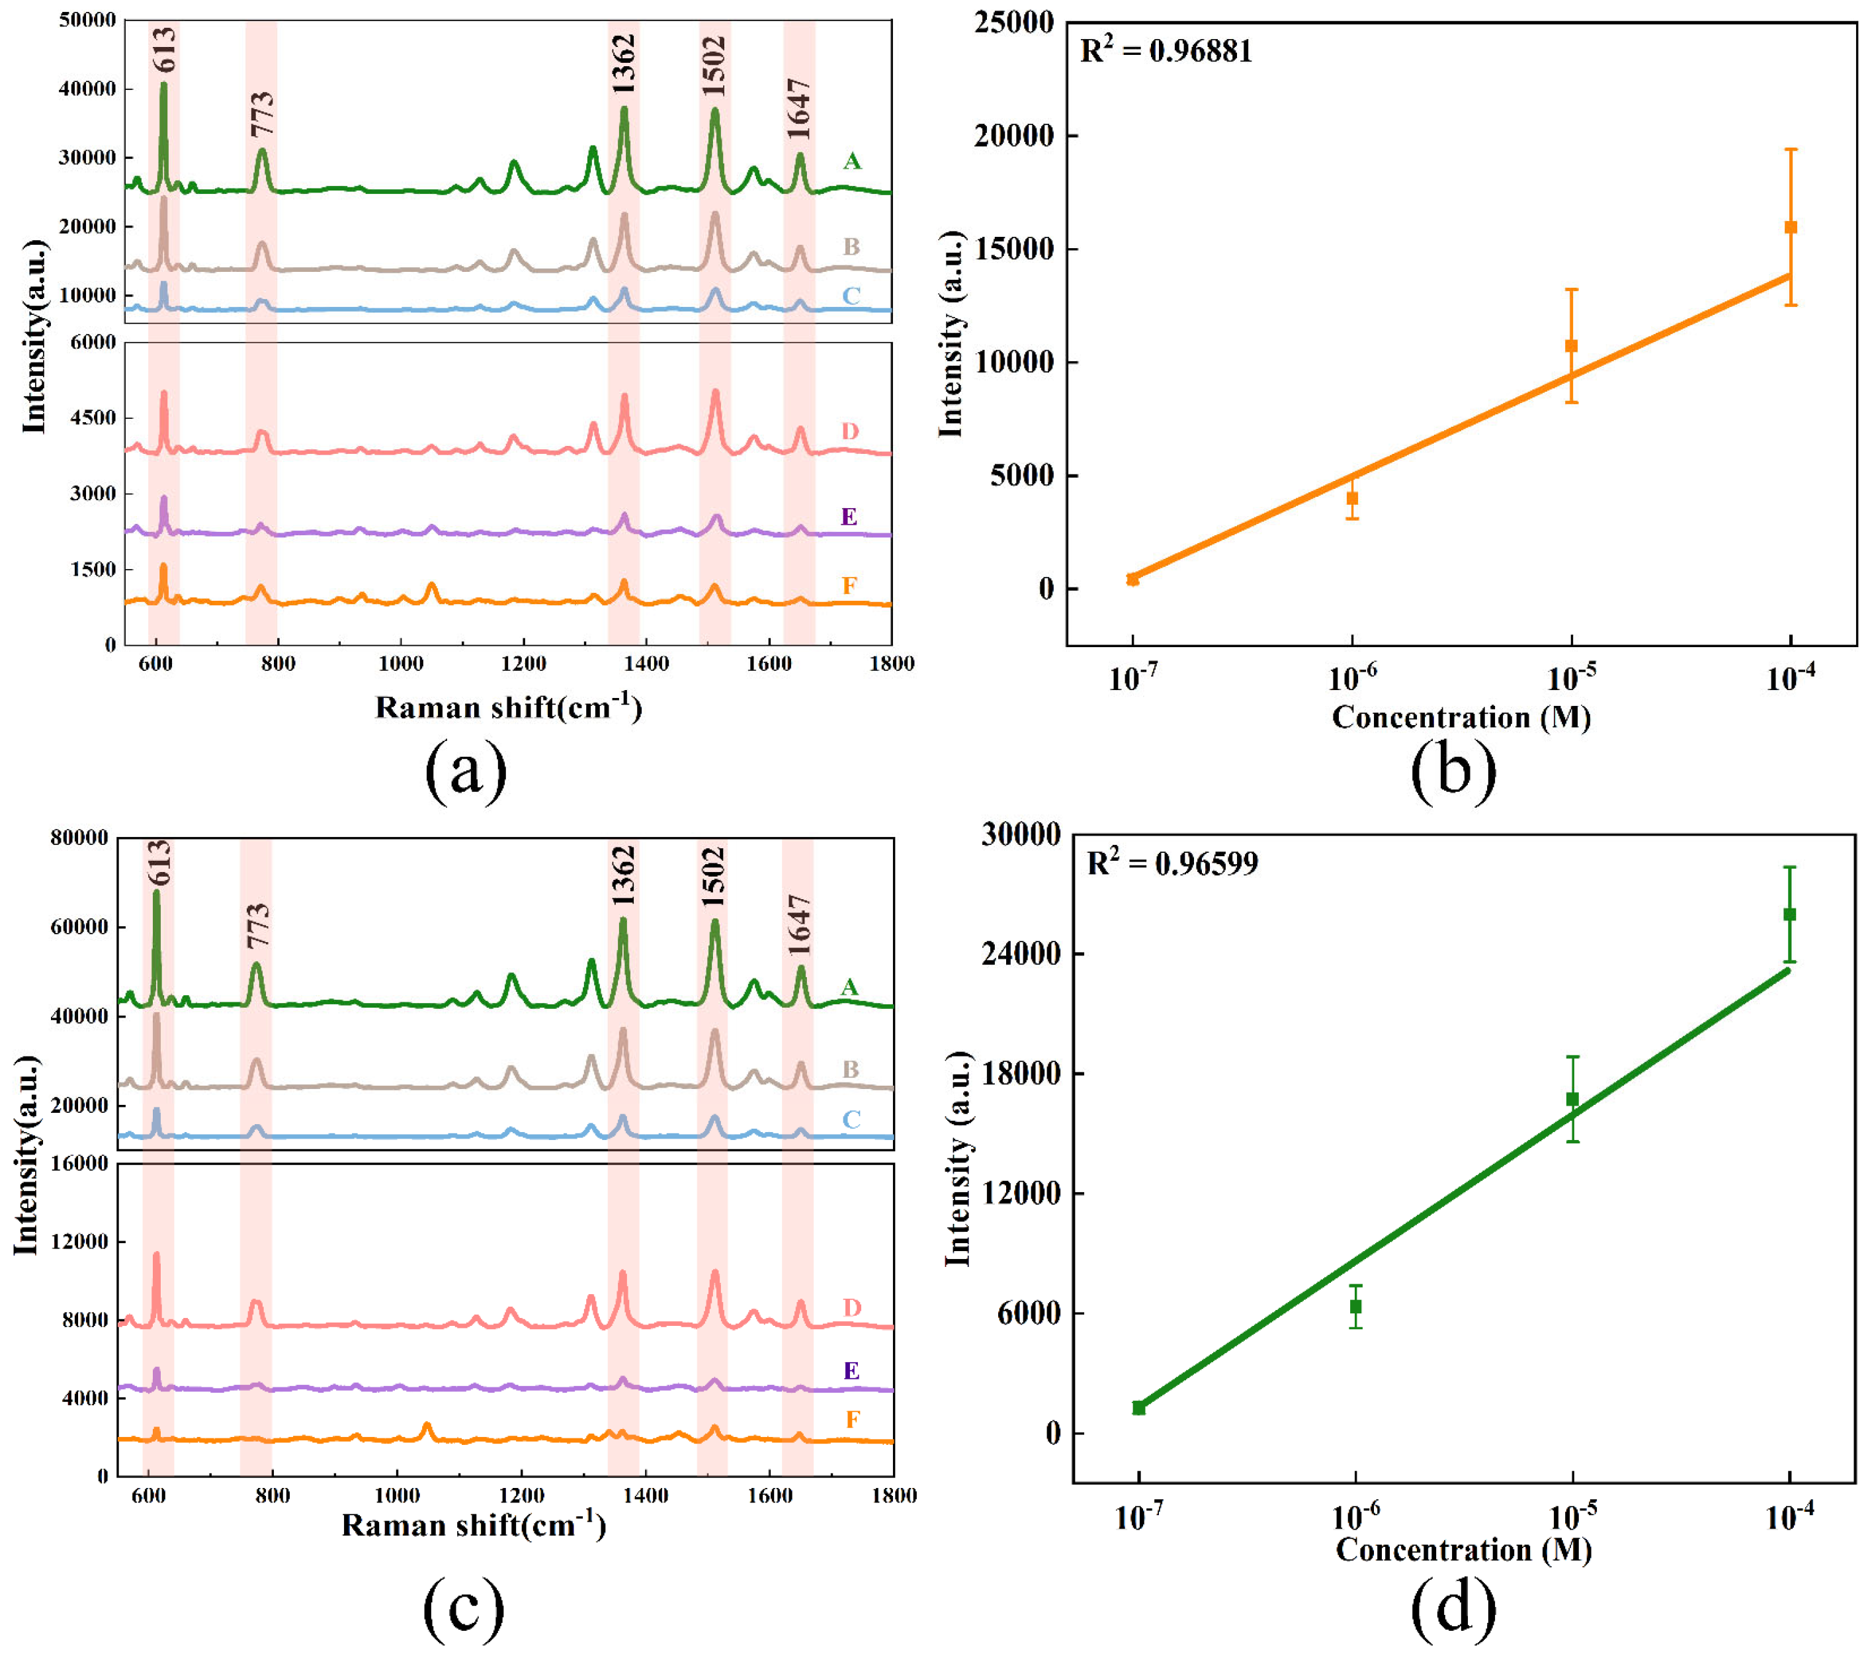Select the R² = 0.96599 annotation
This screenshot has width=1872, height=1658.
point(1171,863)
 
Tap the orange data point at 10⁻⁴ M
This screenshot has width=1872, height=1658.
point(1791,227)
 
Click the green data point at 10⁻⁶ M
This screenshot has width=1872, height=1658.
point(1355,1306)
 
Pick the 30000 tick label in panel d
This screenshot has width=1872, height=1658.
point(1020,834)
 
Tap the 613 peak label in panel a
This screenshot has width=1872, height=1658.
point(164,50)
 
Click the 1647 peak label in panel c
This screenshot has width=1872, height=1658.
point(800,924)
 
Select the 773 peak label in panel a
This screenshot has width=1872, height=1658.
point(262,114)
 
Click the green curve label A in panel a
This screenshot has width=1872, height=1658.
point(852,162)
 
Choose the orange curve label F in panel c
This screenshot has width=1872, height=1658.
point(853,1420)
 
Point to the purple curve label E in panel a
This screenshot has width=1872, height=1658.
point(849,517)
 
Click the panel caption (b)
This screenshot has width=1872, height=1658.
point(1453,769)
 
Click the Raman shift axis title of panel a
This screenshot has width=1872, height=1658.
point(508,707)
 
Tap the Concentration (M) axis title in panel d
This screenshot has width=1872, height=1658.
point(1463,1550)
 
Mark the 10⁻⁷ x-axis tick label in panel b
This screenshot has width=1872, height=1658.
point(1133,679)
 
